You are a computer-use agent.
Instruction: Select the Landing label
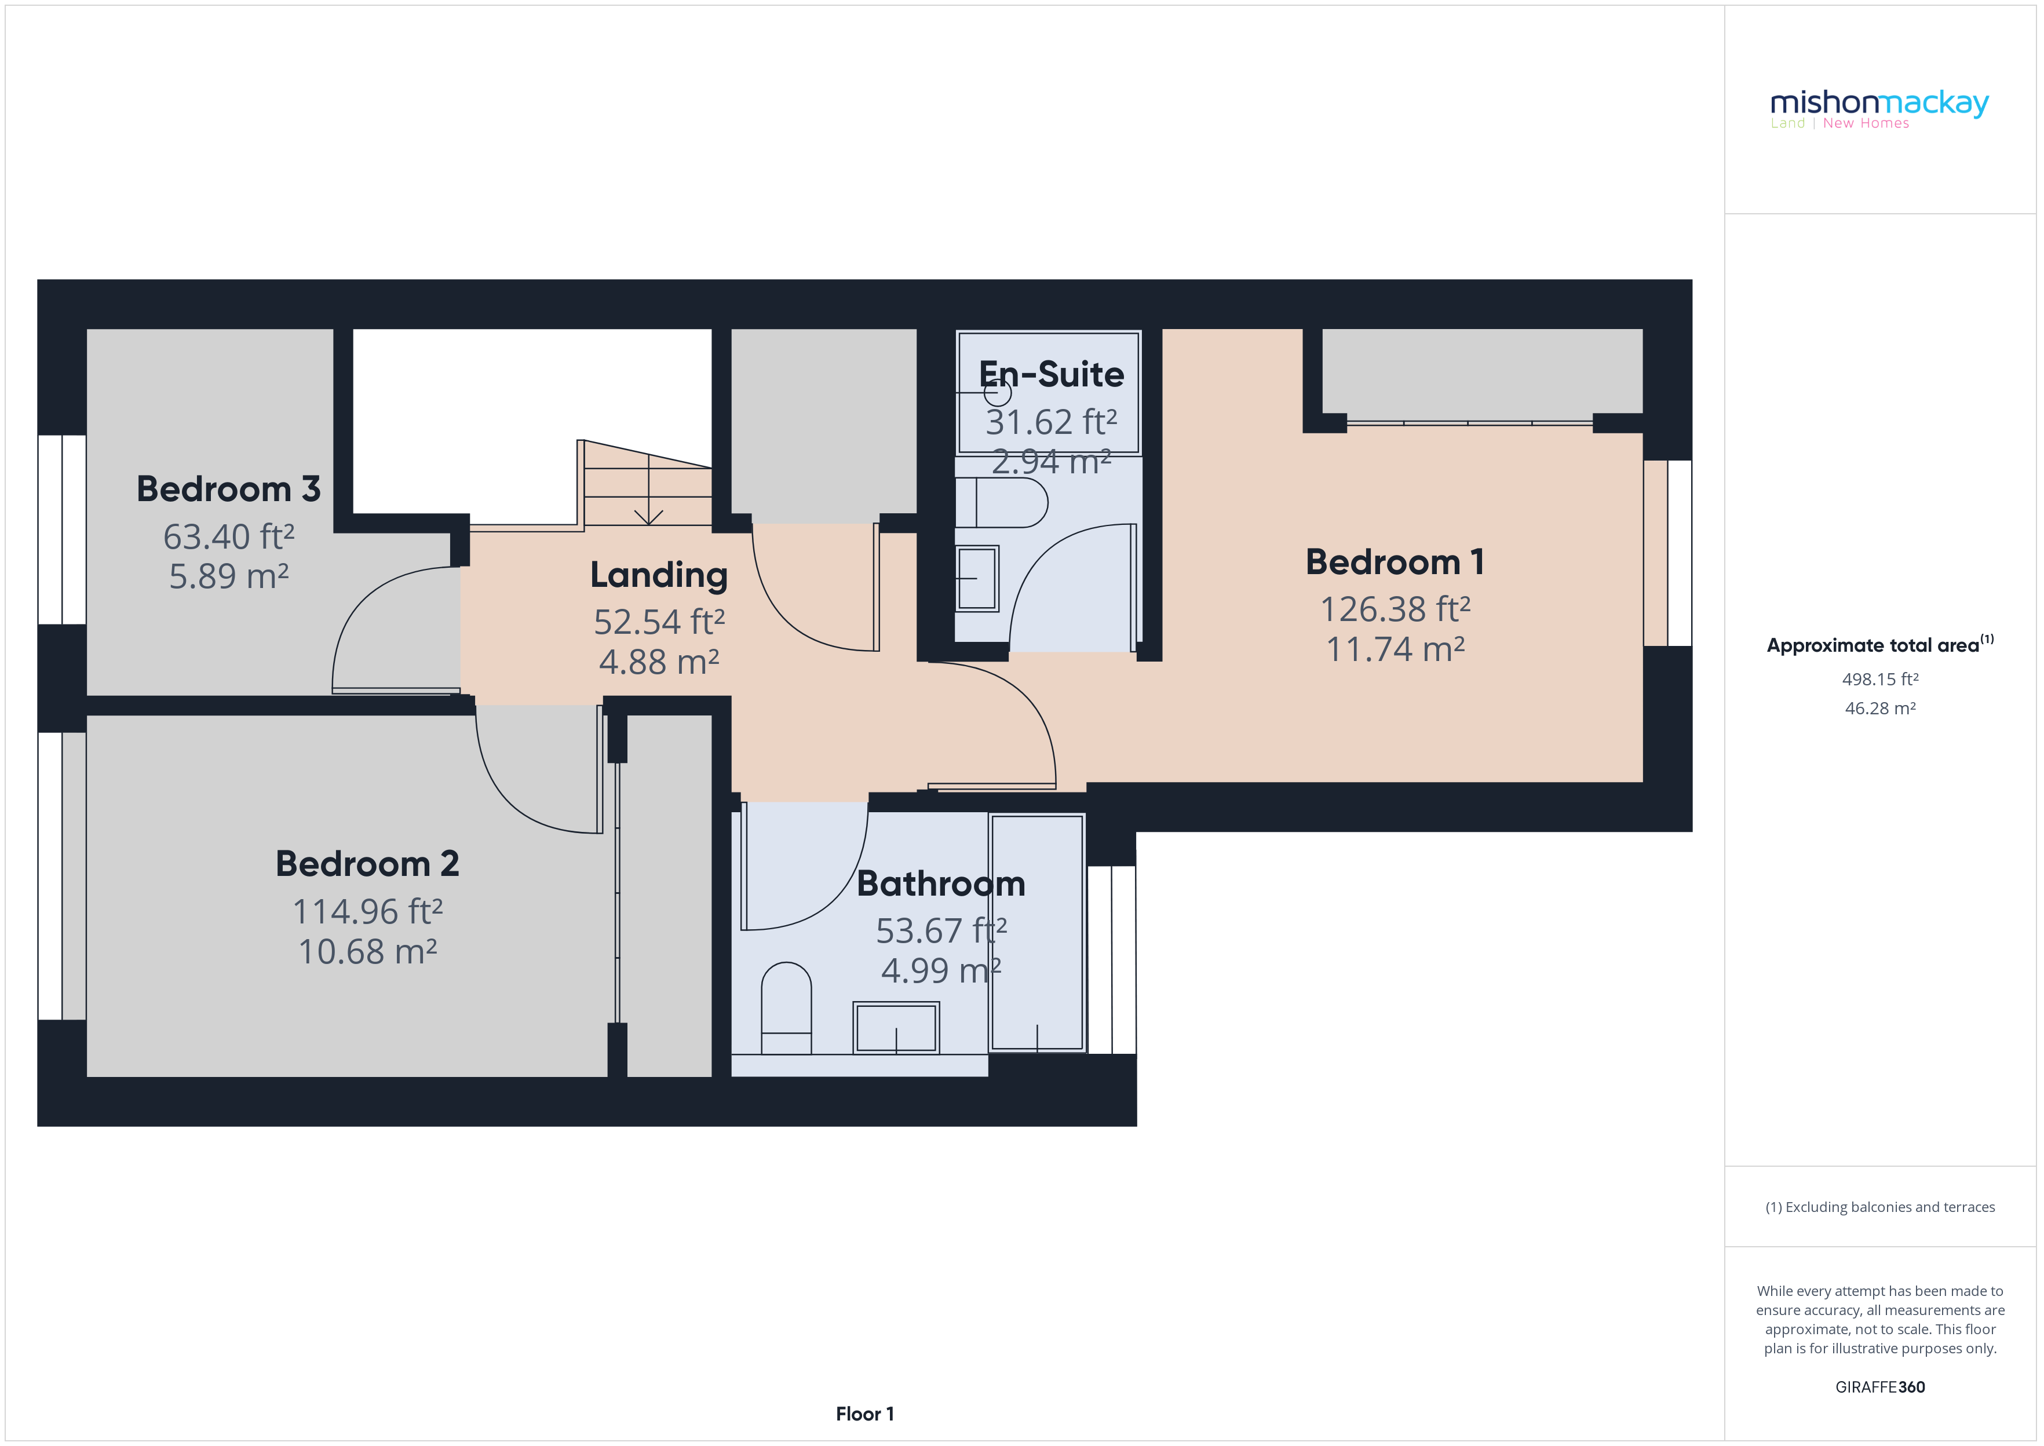659,575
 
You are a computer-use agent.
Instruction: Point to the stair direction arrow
648,514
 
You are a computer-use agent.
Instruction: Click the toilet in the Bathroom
786,1008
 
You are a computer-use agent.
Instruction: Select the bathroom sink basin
896,1028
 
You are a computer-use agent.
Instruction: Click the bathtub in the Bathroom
1037,932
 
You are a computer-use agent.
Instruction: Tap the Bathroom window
1112,959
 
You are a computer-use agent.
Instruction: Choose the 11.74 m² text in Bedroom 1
1395,649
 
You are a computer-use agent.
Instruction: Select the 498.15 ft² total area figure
1879,680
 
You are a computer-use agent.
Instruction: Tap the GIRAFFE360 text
1879,1386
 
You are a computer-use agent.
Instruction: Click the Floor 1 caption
864,1413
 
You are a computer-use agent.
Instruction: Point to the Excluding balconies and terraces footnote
1879,1207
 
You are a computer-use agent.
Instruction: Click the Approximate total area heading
1879,645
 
